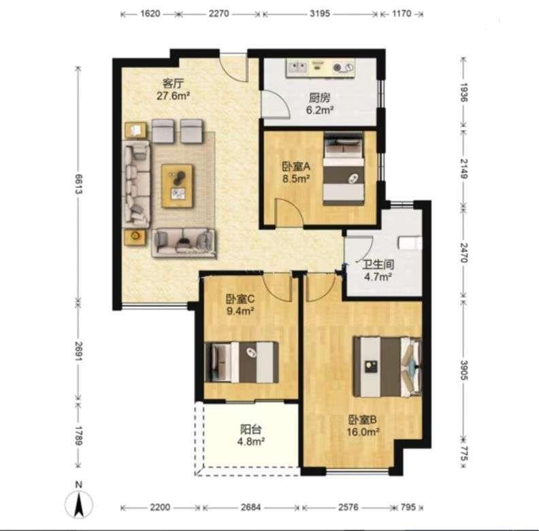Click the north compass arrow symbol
[x=79, y=504]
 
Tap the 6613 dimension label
[x=79, y=184]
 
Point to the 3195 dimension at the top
[x=320, y=14]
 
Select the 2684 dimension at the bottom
[x=250, y=507]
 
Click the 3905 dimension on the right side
[x=464, y=370]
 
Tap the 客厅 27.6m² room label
[x=174, y=89]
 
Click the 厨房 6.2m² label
[x=320, y=104]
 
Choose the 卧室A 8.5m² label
[x=296, y=173]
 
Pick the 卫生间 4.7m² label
[x=378, y=270]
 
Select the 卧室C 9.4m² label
[x=240, y=305]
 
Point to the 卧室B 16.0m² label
[x=363, y=425]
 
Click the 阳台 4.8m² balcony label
[x=251, y=435]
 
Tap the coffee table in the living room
[x=178, y=186]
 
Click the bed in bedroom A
[x=344, y=169]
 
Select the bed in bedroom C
[x=242, y=362]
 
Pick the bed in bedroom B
[x=388, y=367]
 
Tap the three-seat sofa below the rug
[x=184, y=243]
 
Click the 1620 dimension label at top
[x=150, y=14]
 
